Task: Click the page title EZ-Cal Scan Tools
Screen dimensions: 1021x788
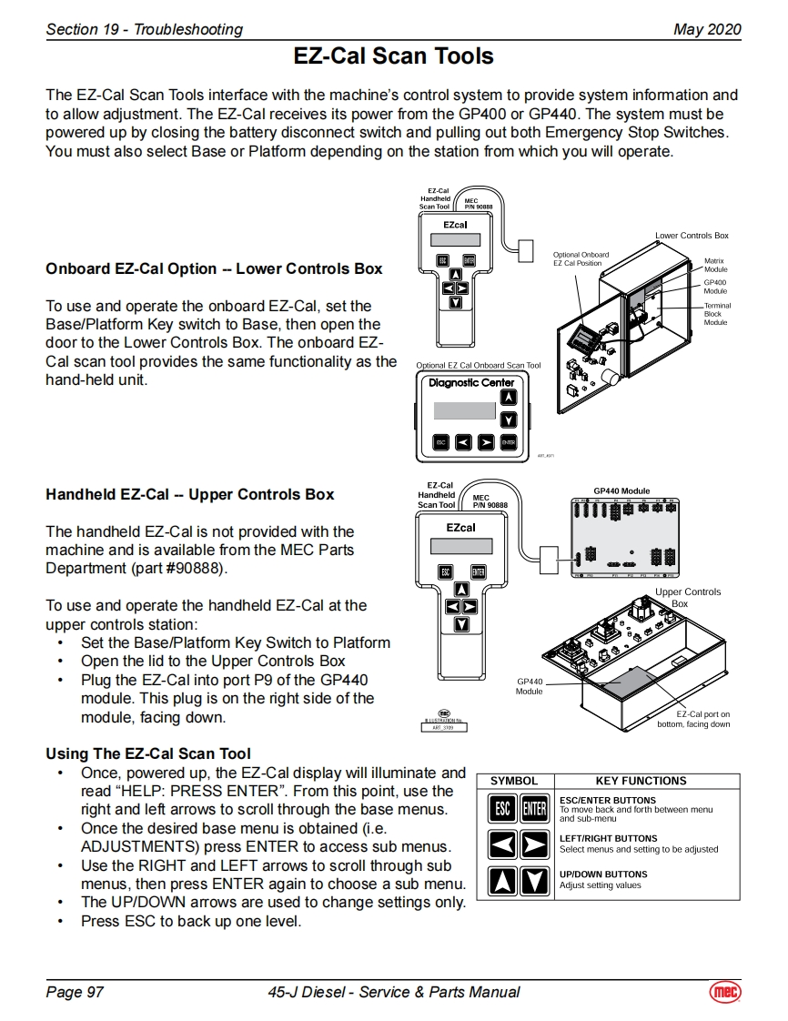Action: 393,56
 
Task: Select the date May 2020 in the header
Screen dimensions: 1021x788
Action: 707,29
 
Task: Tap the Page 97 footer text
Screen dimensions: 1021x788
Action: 75,992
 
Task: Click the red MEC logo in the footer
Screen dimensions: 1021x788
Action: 725,992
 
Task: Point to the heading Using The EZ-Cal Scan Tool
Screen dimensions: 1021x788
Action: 147,753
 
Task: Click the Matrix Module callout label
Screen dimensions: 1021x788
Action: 715,265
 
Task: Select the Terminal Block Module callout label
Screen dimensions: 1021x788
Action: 717,314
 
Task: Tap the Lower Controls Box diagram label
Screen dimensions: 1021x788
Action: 692,236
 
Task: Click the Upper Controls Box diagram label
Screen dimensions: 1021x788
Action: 687,598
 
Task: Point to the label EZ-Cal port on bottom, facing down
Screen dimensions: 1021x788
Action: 693,720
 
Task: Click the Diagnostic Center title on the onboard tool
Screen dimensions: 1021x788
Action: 471,383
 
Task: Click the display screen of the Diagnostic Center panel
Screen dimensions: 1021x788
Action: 464,410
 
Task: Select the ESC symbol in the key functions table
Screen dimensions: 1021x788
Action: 501,808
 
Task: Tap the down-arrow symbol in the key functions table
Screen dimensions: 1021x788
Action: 535,881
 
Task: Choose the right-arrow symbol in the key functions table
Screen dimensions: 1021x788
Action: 535,844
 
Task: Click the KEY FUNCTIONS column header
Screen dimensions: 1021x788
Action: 641,781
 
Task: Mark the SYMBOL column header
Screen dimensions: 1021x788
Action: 514,781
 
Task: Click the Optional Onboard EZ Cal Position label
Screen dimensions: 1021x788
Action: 581,259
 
